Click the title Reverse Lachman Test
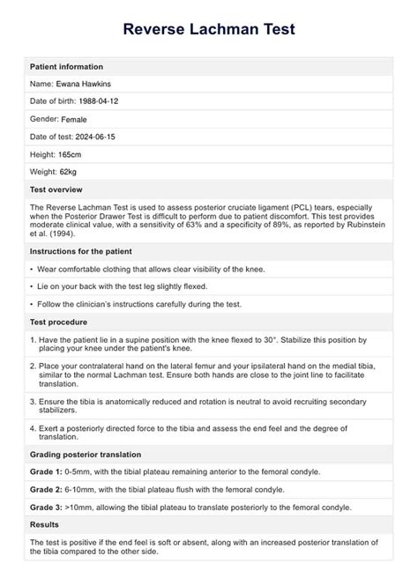[x=209, y=29]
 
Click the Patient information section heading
[x=66, y=67]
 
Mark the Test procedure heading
[x=61, y=322]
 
